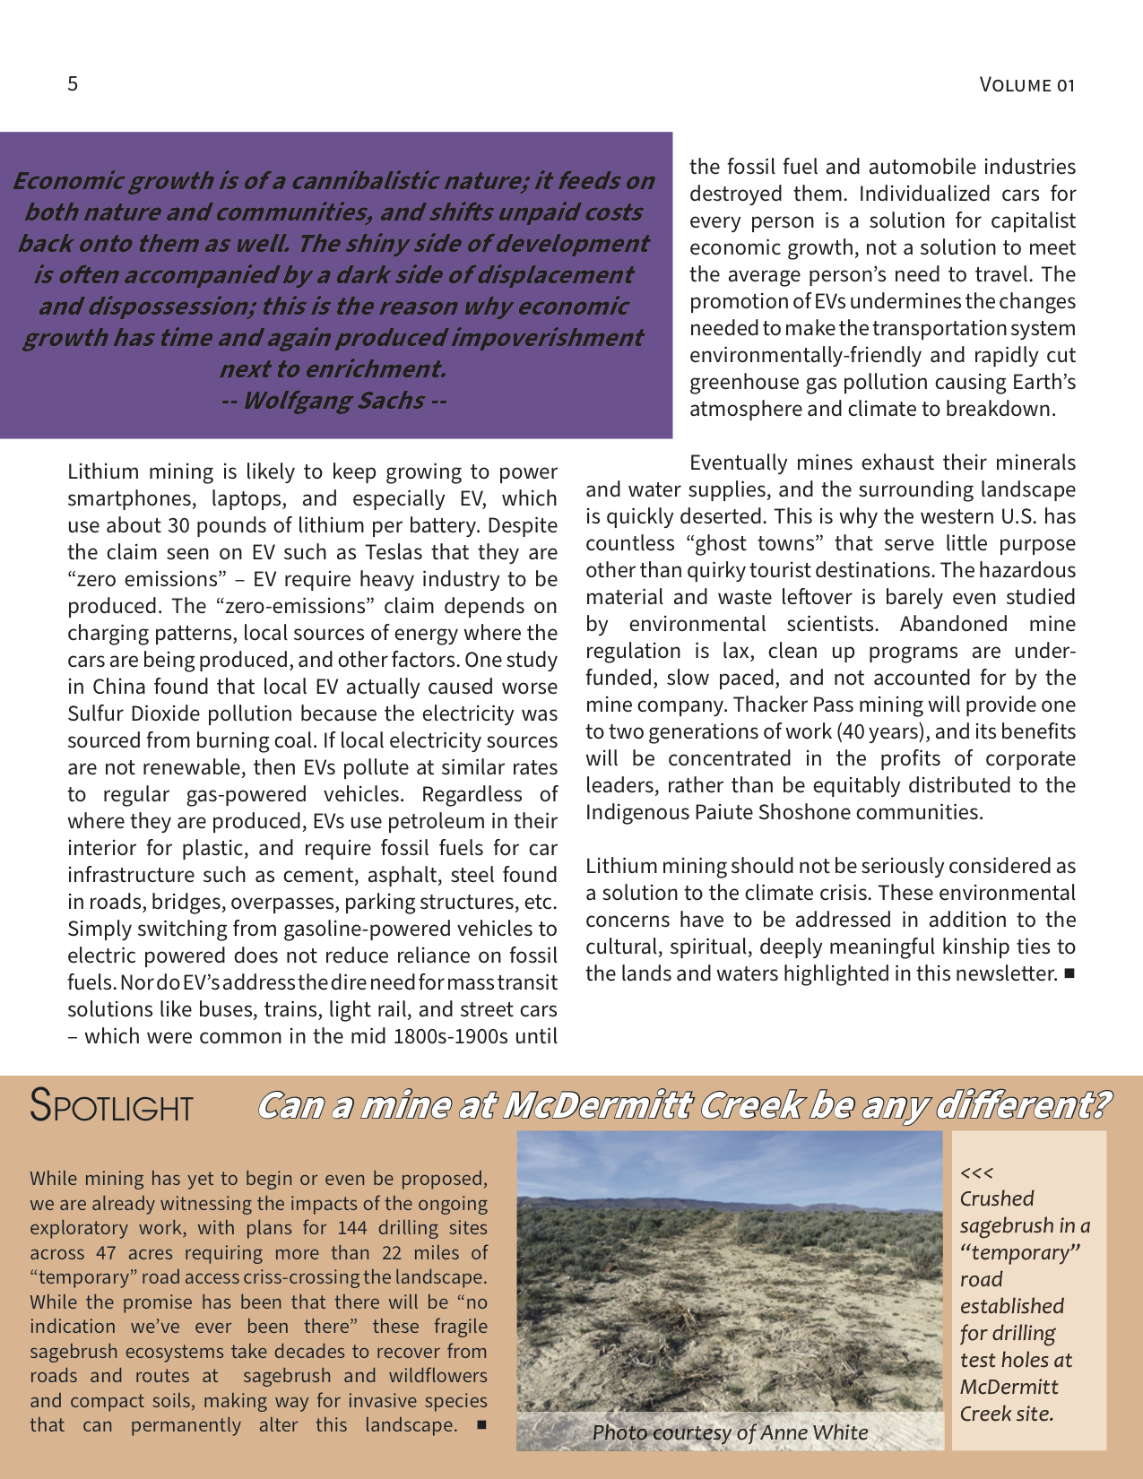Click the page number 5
point(73,84)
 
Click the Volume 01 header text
point(1026,85)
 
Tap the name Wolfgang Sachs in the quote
point(333,400)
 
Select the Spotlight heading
point(111,1105)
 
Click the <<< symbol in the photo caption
point(976,1172)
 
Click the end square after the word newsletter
point(1068,974)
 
